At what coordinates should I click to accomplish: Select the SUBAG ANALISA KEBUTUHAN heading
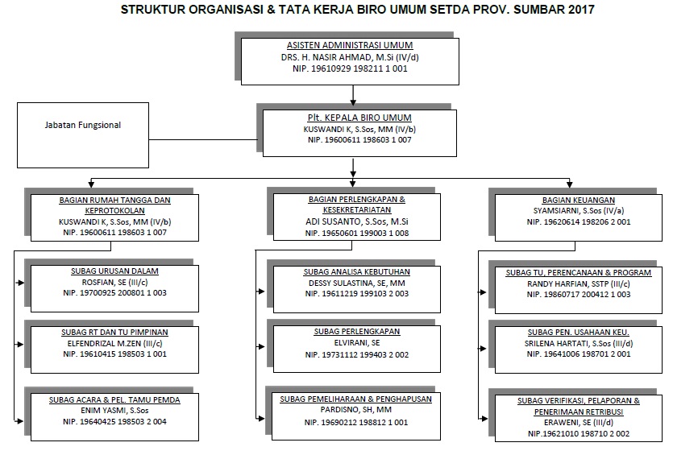click(357, 272)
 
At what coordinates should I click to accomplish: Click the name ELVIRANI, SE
click(357, 341)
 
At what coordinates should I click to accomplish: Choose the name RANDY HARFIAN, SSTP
click(578, 283)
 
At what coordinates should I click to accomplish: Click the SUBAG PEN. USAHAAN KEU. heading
click(578, 331)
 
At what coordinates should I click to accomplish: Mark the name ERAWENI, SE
click(578, 422)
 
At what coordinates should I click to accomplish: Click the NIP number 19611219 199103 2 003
click(357, 294)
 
